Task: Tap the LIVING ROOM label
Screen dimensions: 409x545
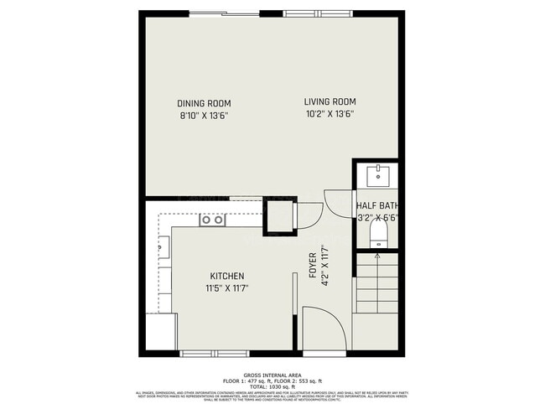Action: click(x=330, y=101)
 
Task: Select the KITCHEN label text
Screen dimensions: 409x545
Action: click(x=226, y=276)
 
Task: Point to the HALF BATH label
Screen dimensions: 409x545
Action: click(x=376, y=205)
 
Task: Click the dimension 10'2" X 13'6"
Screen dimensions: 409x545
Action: click(x=330, y=113)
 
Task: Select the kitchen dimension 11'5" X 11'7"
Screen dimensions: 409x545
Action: click(x=226, y=288)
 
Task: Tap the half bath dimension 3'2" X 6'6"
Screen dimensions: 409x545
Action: click(x=376, y=217)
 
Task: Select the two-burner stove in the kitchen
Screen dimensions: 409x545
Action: click(x=213, y=220)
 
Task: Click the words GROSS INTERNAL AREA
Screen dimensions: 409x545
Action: click(x=272, y=375)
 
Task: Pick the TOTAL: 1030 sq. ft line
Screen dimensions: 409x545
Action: click(x=272, y=386)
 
